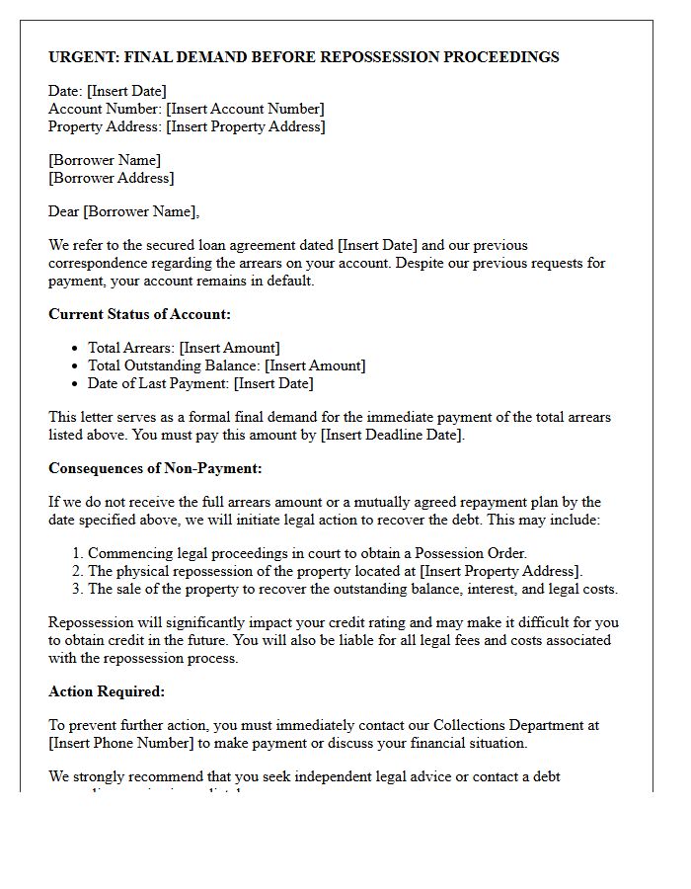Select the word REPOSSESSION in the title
pyautogui.click(x=377, y=57)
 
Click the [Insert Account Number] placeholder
pyautogui.click(x=245, y=109)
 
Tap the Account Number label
pyautogui.click(x=105, y=109)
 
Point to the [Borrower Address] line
pyautogui.click(x=111, y=178)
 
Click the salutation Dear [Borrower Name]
pyautogui.click(x=123, y=211)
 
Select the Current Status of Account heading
pyautogui.click(x=139, y=314)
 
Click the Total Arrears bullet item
pyautogui.click(x=184, y=348)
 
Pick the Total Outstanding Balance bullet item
pyautogui.click(x=226, y=365)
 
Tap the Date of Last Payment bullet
pyautogui.click(x=200, y=383)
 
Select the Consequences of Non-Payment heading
pyautogui.click(x=155, y=468)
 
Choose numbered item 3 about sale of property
pyautogui.click(x=352, y=589)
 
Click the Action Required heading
pyautogui.click(x=107, y=691)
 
